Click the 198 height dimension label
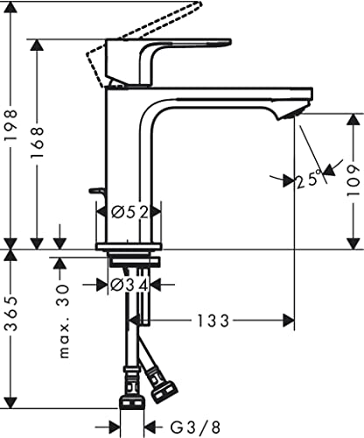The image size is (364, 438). [10, 124]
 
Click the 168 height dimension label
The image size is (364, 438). [36, 141]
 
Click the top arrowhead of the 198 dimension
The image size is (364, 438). [10, 44]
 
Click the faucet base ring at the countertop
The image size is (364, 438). [132, 246]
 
